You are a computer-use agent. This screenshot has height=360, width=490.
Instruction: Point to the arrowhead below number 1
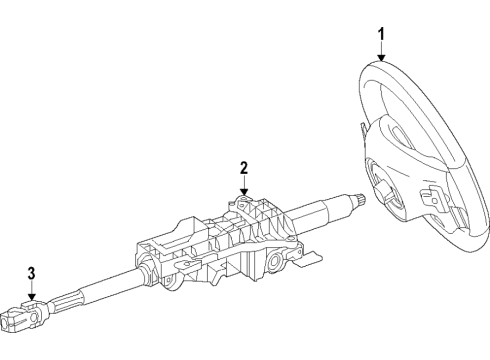click(380, 58)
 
